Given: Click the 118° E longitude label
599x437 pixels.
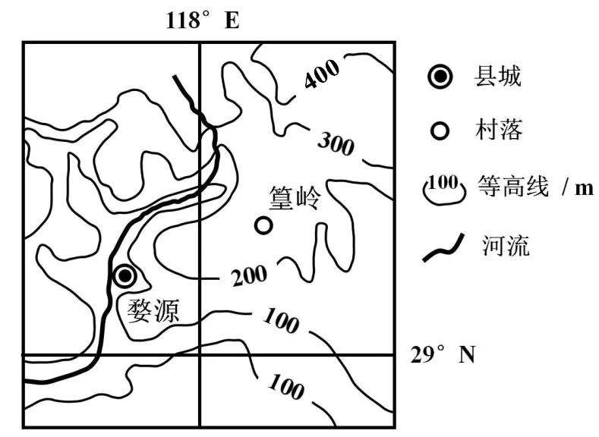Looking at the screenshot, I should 202,20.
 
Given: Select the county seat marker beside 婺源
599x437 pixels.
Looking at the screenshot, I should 125,275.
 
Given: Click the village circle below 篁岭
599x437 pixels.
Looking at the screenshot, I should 263,225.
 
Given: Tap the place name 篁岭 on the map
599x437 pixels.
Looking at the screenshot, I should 295,199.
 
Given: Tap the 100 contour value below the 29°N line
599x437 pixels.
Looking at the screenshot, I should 285,388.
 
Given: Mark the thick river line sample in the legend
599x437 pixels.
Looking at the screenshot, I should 443,247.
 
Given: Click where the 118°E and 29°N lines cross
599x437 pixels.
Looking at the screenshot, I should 200,355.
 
